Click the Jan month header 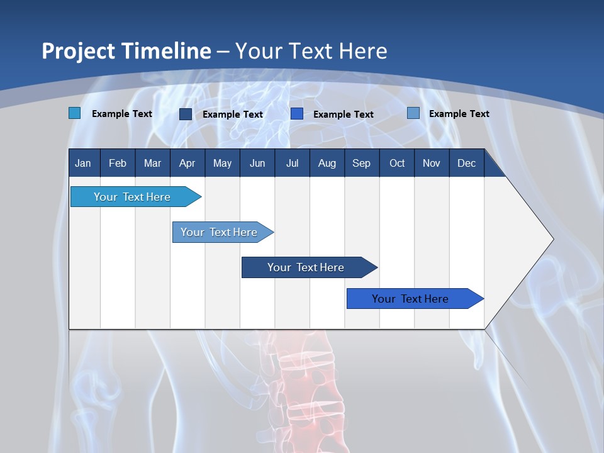[x=83, y=163]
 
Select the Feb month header [x=118, y=163]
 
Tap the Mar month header [x=152, y=163]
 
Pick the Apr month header [x=187, y=163]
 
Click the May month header [x=222, y=163]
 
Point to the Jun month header [x=257, y=163]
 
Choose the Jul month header [x=292, y=163]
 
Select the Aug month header [x=327, y=163]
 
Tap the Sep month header [x=361, y=163]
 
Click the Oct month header [x=397, y=163]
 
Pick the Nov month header [x=432, y=163]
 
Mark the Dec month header [x=466, y=163]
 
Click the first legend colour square [x=75, y=113]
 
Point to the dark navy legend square [x=186, y=114]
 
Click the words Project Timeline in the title [x=126, y=51]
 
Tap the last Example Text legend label [x=459, y=114]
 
